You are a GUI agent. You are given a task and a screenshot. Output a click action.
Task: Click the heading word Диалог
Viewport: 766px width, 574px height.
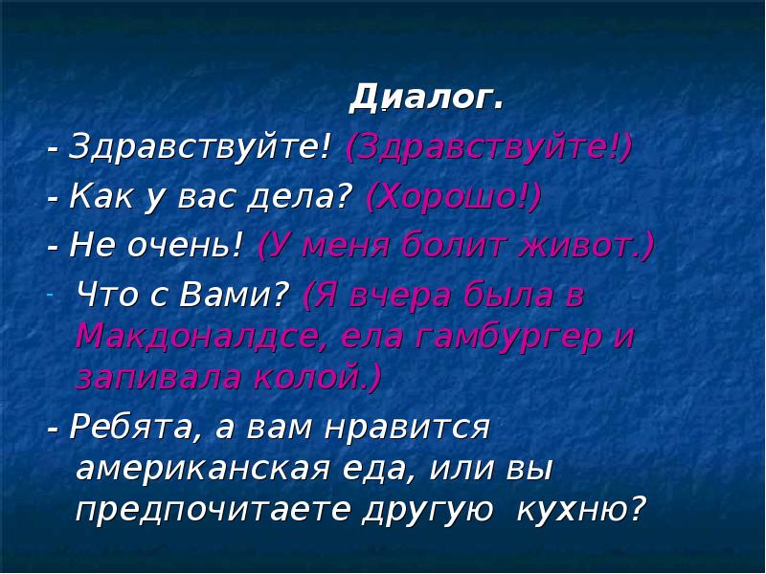tap(426, 97)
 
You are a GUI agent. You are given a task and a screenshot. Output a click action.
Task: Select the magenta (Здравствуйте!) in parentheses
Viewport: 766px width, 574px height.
tap(489, 147)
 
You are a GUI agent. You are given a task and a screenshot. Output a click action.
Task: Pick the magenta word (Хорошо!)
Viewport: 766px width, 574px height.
tap(453, 197)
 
